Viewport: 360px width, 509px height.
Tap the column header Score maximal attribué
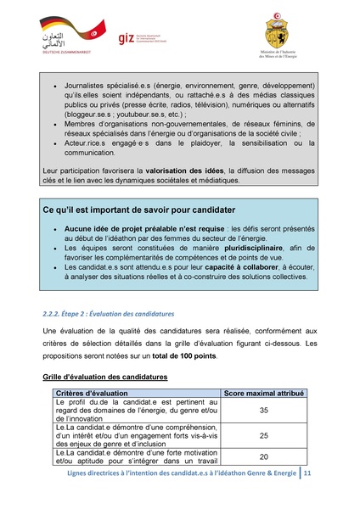262,394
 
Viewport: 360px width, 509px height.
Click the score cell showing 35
262,411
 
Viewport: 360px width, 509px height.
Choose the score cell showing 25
262,436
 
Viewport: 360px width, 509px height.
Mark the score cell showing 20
262,457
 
